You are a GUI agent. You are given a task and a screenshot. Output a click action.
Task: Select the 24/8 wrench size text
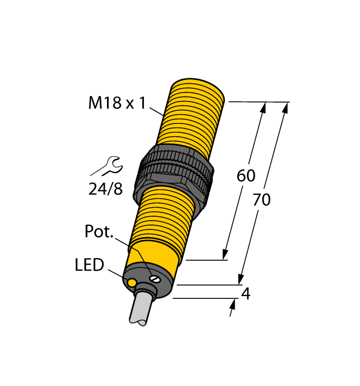(105, 189)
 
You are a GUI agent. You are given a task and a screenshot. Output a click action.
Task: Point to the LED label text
(89, 265)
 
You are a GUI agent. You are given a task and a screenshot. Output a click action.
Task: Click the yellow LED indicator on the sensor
(132, 283)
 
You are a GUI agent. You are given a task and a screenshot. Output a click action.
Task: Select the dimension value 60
(246, 176)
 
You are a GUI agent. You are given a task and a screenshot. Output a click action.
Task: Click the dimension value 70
(261, 200)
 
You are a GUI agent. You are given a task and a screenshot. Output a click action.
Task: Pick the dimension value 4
(246, 294)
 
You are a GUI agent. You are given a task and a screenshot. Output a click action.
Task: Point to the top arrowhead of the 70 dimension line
(285, 108)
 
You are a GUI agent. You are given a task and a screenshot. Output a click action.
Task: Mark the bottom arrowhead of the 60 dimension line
(225, 254)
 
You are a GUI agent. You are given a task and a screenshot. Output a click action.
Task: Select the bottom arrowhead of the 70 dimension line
(241, 280)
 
